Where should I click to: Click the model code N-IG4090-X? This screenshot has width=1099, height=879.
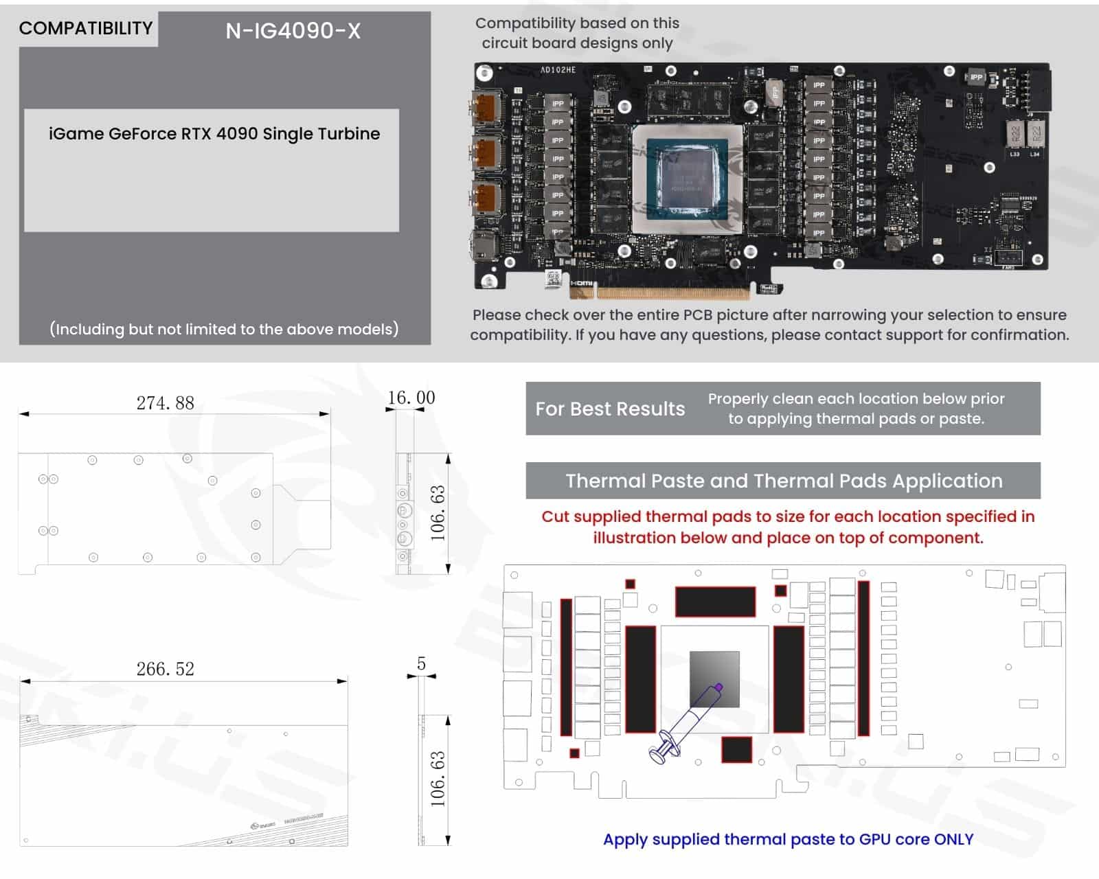click(x=293, y=31)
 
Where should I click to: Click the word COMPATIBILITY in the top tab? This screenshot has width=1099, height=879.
click(x=86, y=28)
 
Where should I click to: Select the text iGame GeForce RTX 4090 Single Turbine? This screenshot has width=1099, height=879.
click(x=214, y=134)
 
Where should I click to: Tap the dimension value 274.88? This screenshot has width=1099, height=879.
click(x=165, y=403)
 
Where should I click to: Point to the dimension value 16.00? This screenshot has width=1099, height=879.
click(x=411, y=398)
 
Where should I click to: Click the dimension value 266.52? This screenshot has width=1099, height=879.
click(x=165, y=669)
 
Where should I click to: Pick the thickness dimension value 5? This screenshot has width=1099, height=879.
click(x=421, y=663)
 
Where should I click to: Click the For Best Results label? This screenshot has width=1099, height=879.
click(x=610, y=409)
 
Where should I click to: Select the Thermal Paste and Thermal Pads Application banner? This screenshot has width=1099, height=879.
click(x=783, y=481)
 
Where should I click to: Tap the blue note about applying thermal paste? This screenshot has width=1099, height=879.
click(x=788, y=839)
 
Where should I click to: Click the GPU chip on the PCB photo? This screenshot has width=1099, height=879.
click(x=687, y=179)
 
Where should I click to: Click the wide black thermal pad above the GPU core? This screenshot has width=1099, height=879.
click(x=715, y=602)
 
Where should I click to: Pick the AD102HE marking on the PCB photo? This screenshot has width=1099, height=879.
click(x=558, y=70)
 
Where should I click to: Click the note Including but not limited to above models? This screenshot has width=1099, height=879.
click(x=224, y=330)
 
